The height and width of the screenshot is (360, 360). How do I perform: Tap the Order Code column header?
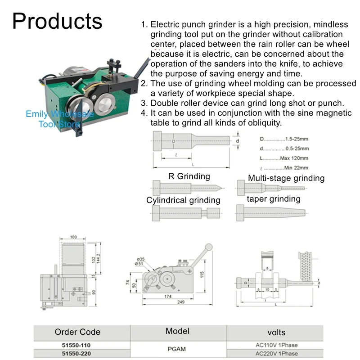pyautogui.click(x=77, y=332)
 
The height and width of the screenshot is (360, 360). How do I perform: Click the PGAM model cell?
pyautogui.click(x=178, y=349)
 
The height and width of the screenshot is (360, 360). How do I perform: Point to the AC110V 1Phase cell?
pyautogui.click(x=276, y=345)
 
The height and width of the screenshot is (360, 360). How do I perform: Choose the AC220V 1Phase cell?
pyautogui.click(x=276, y=354)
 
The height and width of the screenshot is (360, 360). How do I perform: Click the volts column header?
pyautogui.click(x=276, y=333)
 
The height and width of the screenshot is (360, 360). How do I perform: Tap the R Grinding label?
pyautogui.click(x=189, y=176)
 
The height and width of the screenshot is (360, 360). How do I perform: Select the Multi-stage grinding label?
pyautogui.click(x=286, y=178)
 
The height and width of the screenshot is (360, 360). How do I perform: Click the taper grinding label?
pyautogui.click(x=274, y=198)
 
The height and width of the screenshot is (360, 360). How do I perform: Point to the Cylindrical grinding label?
pyautogui.click(x=183, y=200)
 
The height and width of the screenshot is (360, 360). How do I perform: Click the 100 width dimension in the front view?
pyautogui.click(x=74, y=237)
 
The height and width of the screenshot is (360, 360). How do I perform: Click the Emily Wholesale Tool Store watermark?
pyautogui.click(x=59, y=119)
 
